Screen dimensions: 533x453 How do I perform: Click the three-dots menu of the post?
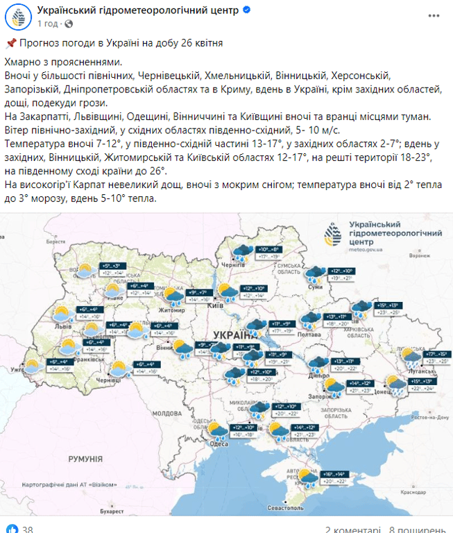tap(434, 15)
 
